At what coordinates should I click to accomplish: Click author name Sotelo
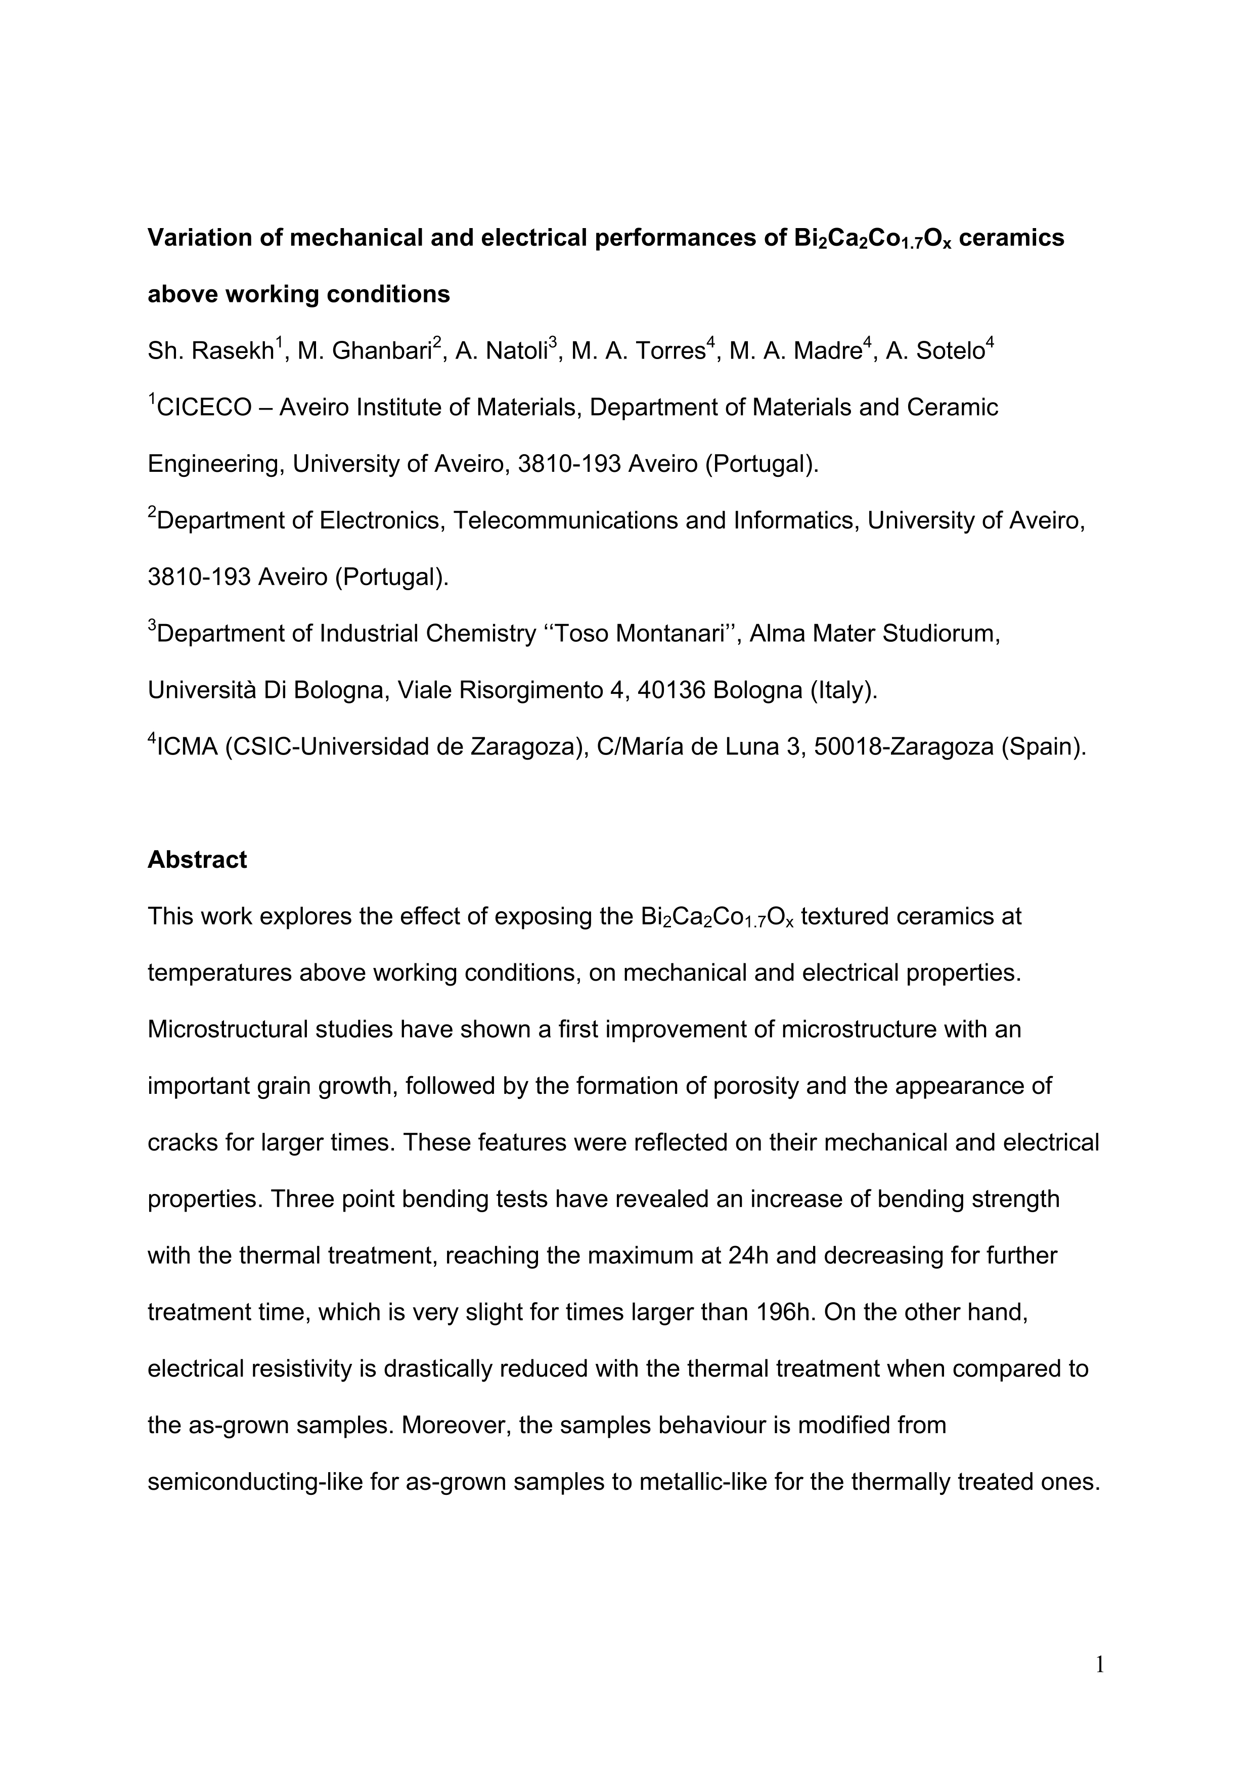pyautogui.click(x=950, y=351)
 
